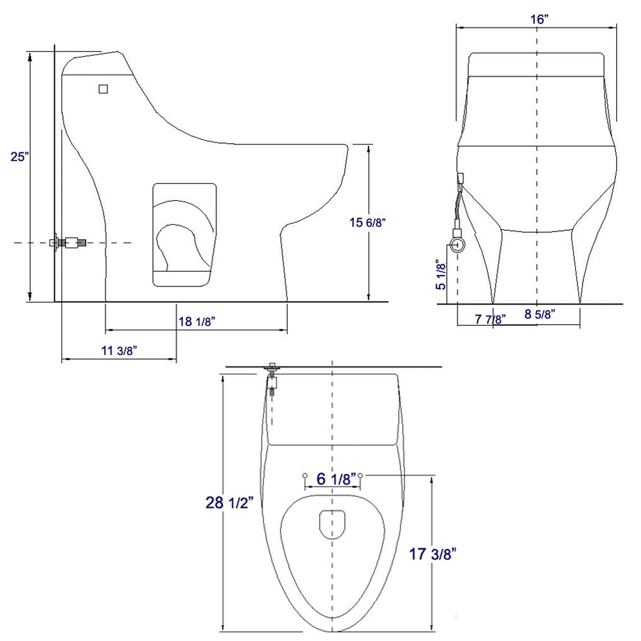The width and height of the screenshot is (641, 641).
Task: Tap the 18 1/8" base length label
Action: [196, 321]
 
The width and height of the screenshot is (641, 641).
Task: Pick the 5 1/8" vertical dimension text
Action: [440, 275]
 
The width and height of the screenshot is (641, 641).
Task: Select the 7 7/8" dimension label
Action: [490, 319]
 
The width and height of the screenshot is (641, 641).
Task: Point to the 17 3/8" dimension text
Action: [433, 554]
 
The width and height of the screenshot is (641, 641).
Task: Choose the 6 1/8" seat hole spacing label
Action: [336, 479]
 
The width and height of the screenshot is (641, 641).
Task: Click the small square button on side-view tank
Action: [103, 89]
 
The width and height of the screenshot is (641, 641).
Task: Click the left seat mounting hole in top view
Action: [305, 476]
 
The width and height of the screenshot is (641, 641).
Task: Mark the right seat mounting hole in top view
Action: [360, 476]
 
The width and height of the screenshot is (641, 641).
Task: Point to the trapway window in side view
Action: [185, 235]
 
